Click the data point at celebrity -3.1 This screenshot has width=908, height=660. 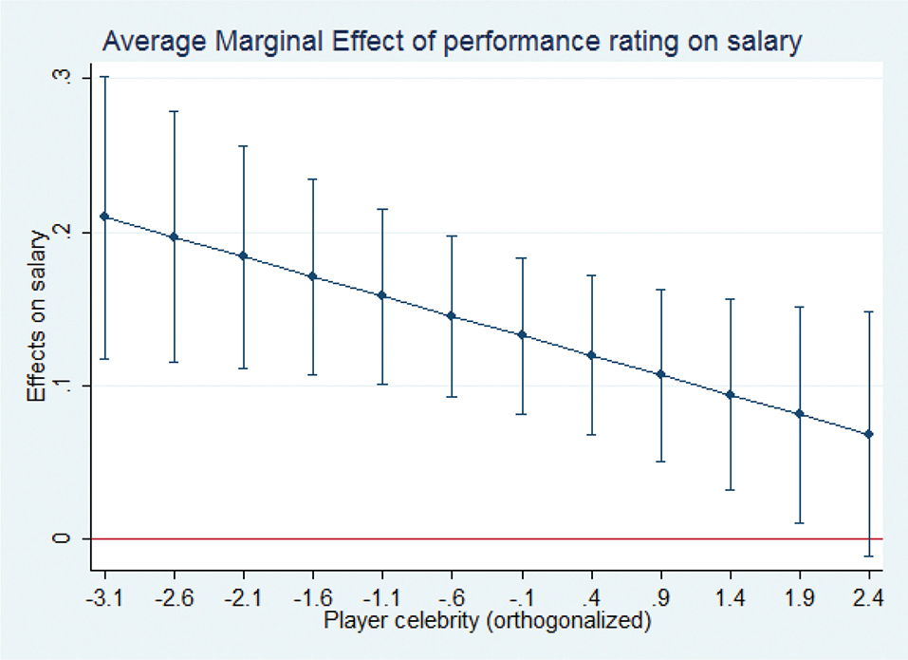pyautogui.click(x=104, y=217)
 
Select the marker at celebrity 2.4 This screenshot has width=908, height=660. pyautogui.click(x=868, y=434)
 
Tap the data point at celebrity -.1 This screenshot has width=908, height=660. pyautogui.click(x=522, y=335)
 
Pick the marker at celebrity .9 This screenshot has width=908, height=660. pyautogui.click(x=660, y=374)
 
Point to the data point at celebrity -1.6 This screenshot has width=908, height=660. pyautogui.click(x=313, y=276)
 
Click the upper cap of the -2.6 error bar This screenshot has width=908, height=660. pyautogui.click(x=174, y=111)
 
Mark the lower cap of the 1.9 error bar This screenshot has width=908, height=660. pyautogui.click(x=800, y=523)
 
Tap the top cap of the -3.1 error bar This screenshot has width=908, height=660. pyautogui.click(x=104, y=77)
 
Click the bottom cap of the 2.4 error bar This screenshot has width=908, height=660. pyautogui.click(x=868, y=556)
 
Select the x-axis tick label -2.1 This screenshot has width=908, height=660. pyautogui.click(x=243, y=596)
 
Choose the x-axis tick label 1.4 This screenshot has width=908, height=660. pyautogui.click(x=731, y=596)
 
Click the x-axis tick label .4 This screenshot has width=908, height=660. pyautogui.click(x=592, y=596)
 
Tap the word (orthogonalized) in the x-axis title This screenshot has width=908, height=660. pyautogui.click(x=568, y=621)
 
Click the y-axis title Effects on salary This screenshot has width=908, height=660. pyautogui.click(x=37, y=316)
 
